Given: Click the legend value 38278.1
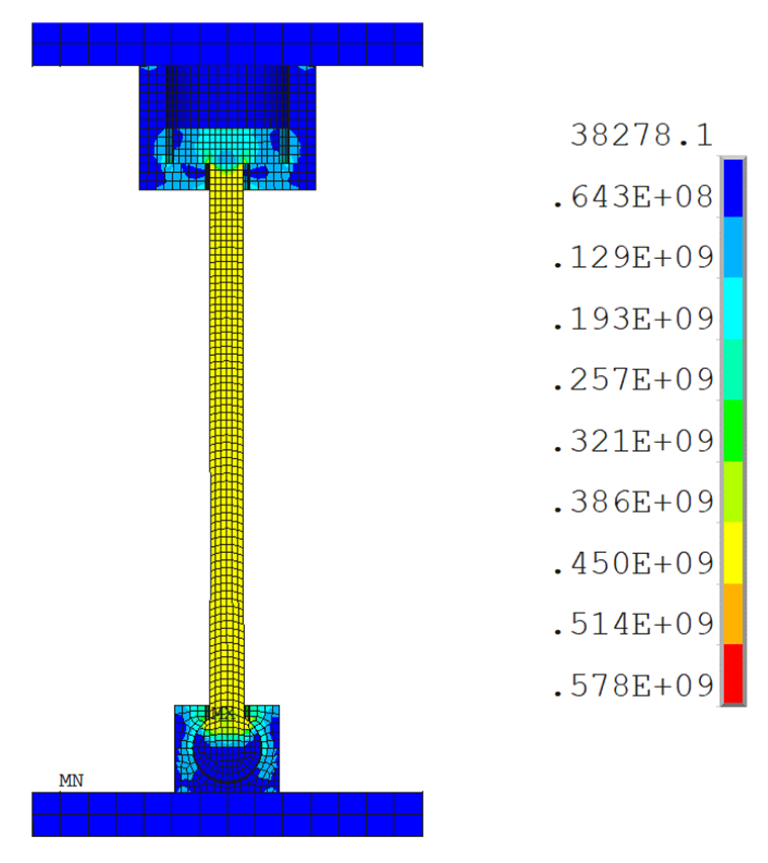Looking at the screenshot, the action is tap(642, 135).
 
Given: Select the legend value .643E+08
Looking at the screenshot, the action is tap(633, 197).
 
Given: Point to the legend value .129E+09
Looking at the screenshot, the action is tap(633, 257).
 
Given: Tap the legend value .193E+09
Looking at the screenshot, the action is tap(633, 319).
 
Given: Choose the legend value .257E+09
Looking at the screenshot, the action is tap(633, 379).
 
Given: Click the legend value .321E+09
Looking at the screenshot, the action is tap(633, 441).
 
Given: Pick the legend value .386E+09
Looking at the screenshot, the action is tap(633, 502).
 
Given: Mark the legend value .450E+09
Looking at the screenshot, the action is tap(633, 563).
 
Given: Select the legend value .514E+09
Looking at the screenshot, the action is tap(633, 624).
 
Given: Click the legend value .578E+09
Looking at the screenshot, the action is tap(633, 686).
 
